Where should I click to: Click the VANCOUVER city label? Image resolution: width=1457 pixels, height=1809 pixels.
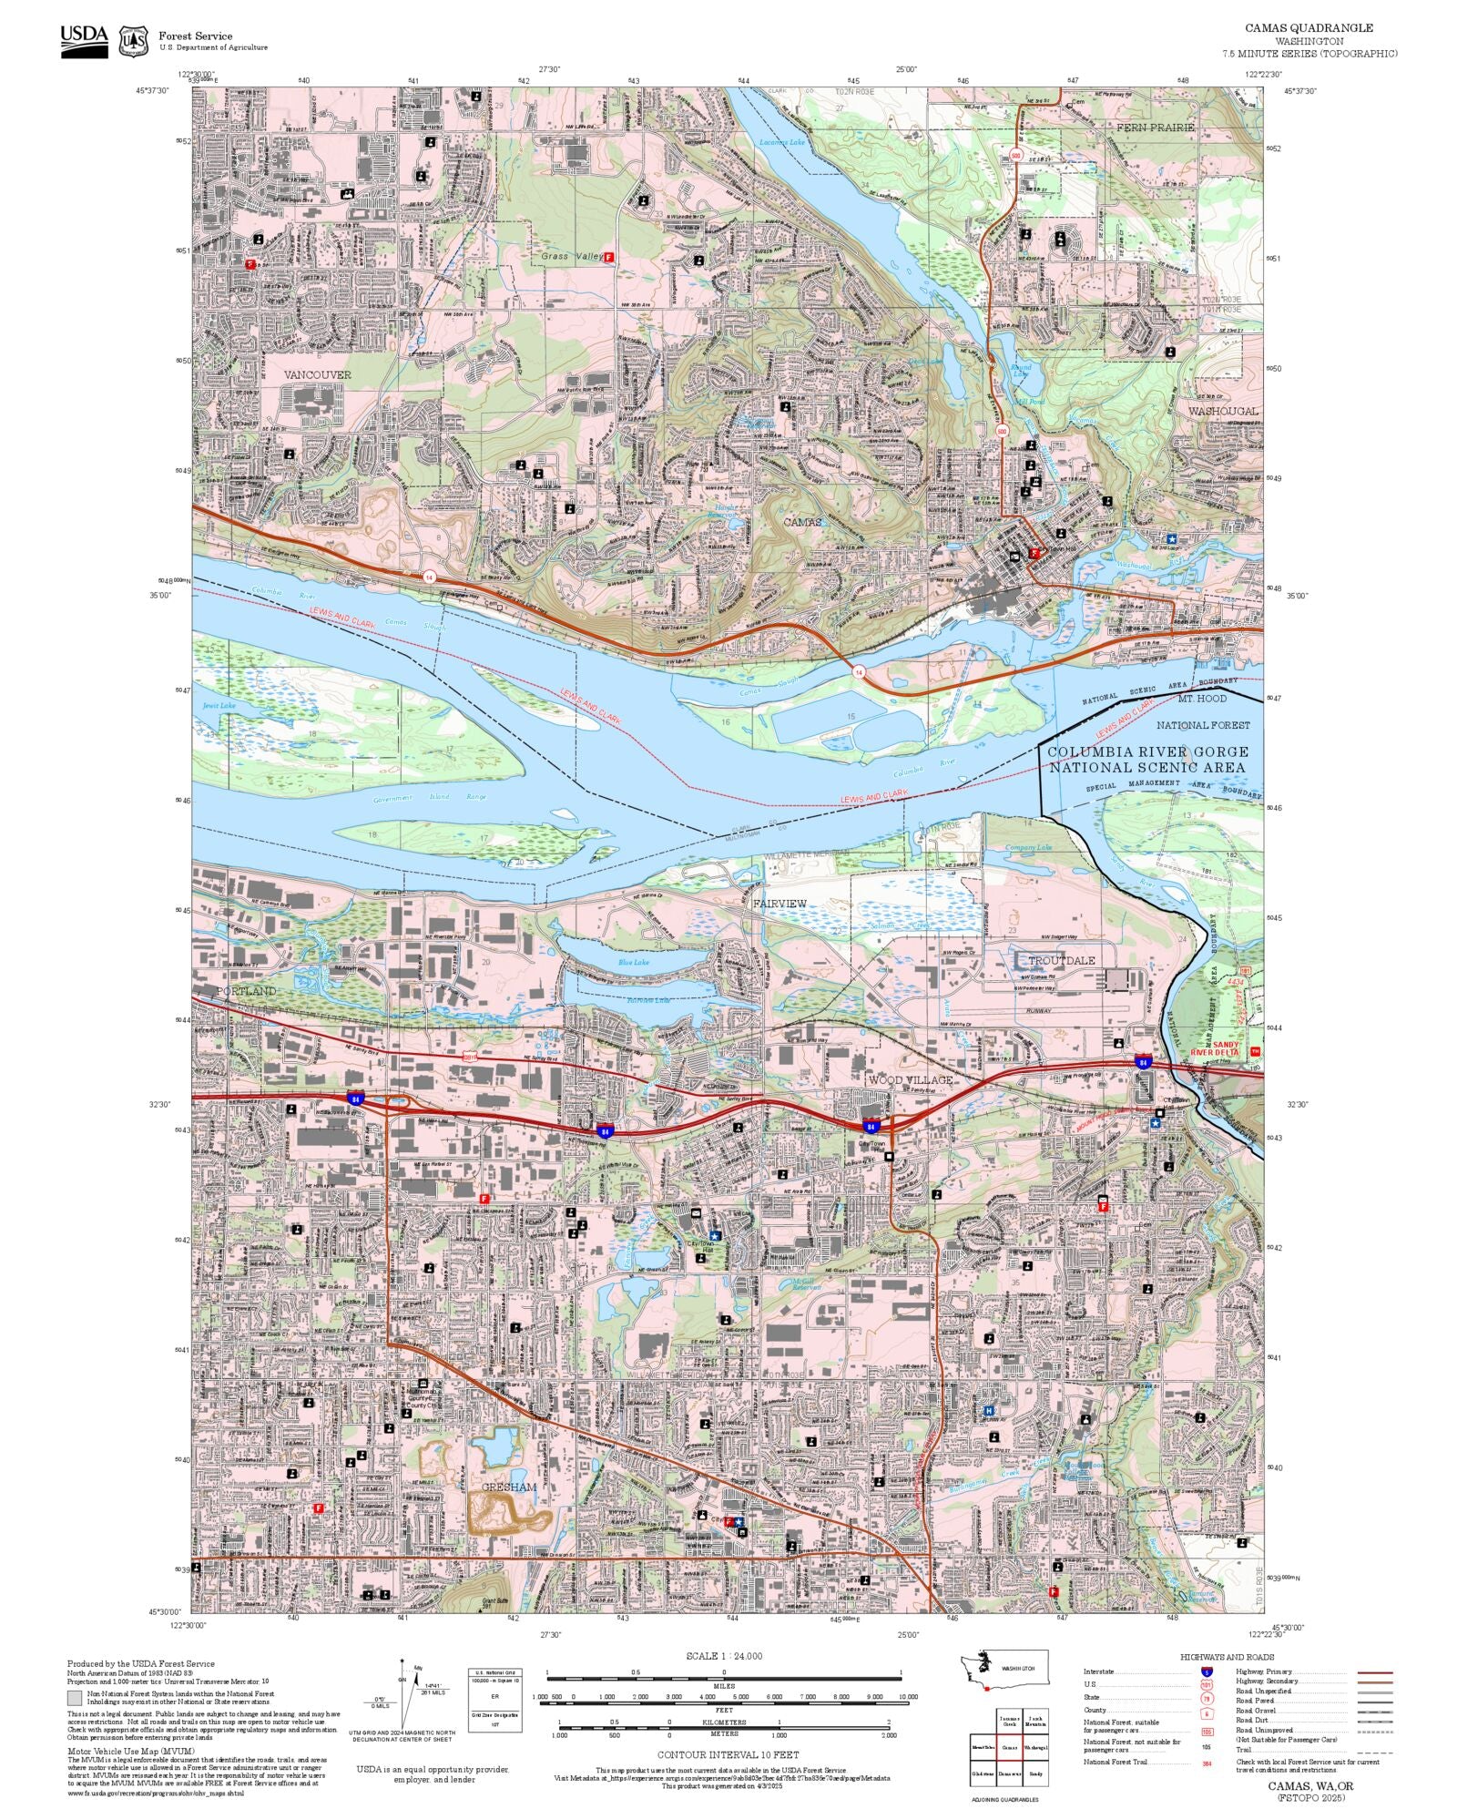pyautogui.click(x=317, y=374)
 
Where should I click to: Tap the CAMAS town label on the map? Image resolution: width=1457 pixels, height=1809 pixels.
pyautogui.click(x=802, y=522)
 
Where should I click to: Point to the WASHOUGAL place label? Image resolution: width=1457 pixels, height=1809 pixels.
pyautogui.click(x=1222, y=411)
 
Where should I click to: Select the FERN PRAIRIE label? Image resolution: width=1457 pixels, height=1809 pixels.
pyautogui.click(x=1155, y=128)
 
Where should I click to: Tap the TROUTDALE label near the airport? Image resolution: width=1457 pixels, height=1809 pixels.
pyautogui.click(x=1062, y=960)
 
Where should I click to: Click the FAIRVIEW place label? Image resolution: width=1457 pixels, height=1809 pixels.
pyautogui.click(x=779, y=903)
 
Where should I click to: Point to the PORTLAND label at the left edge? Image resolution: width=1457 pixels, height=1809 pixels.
pyautogui.click(x=246, y=990)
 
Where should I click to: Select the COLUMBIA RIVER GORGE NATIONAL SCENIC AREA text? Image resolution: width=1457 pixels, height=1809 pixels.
pyautogui.click(x=1147, y=759)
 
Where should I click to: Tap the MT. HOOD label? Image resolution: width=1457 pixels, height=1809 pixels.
pyautogui.click(x=1202, y=699)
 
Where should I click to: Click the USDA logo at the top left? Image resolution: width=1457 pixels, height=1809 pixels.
pyautogui.click(x=84, y=41)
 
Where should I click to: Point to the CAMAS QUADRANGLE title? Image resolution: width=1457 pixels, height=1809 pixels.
pyautogui.click(x=1309, y=28)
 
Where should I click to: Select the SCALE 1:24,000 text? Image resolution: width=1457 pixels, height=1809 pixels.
pyautogui.click(x=724, y=1656)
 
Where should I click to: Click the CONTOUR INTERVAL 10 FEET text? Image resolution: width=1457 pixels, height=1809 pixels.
pyautogui.click(x=728, y=1754)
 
